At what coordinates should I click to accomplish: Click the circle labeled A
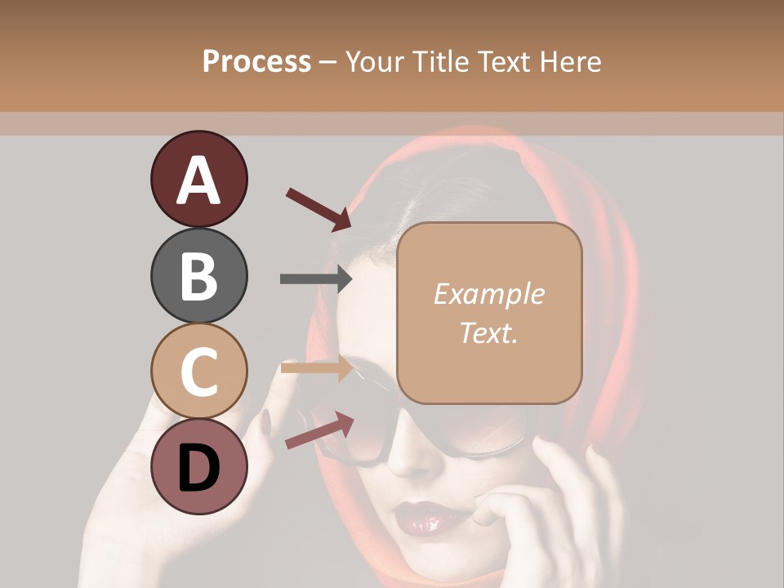(198, 179)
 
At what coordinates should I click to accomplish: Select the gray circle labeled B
(198, 275)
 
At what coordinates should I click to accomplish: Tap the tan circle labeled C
(198, 371)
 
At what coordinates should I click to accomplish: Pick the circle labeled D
(198, 466)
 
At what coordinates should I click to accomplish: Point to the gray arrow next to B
(316, 278)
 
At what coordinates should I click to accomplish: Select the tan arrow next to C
(317, 369)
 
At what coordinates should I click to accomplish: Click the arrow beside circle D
(319, 430)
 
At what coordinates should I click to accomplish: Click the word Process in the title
(256, 62)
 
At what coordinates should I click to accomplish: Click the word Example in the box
(488, 294)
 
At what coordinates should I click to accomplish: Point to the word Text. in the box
(488, 332)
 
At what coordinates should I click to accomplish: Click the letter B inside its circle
(198, 275)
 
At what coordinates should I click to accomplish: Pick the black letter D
(198, 467)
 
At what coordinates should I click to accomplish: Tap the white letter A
(198, 180)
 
